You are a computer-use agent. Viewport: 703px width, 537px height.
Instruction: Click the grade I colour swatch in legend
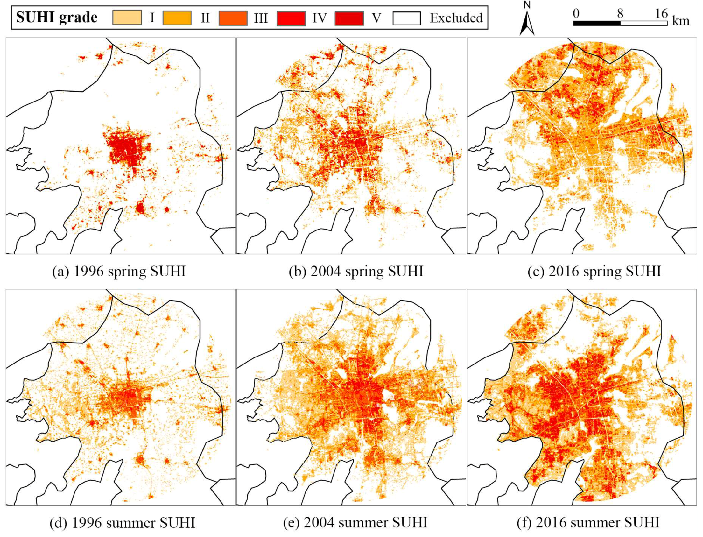tap(127, 18)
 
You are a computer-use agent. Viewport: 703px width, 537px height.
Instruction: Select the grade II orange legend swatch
tap(177, 18)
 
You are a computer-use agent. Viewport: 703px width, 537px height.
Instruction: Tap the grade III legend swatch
tap(233, 18)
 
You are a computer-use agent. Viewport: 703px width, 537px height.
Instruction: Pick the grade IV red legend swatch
tap(291, 18)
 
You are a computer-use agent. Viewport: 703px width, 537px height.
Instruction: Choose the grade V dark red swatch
tap(349, 18)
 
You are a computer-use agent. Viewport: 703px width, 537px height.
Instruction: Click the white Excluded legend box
tap(406, 18)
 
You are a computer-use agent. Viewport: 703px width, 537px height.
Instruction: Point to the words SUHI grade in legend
tap(57, 17)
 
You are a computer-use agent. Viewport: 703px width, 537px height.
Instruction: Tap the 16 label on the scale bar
tap(661, 13)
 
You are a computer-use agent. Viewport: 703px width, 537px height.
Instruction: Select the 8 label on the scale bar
tap(620, 13)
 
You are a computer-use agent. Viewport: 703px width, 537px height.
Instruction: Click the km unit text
tap(680, 21)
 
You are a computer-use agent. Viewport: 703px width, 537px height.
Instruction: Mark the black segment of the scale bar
tap(597, 23)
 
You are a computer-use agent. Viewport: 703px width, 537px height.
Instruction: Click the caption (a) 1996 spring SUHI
tap(119, 272)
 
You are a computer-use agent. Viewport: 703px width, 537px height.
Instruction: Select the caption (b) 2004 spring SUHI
tap(356, 272)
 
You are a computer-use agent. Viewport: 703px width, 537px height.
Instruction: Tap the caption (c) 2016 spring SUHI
tap(594, 272)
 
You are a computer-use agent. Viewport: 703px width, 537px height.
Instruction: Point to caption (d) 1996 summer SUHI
tap(122, 523)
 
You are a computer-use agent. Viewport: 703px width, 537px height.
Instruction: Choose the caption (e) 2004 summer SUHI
tap(355, 523)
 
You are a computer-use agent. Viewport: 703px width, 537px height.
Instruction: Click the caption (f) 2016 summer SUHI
tap(588, 523)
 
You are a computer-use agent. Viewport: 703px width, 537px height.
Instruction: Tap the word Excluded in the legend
tap(456, 18)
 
